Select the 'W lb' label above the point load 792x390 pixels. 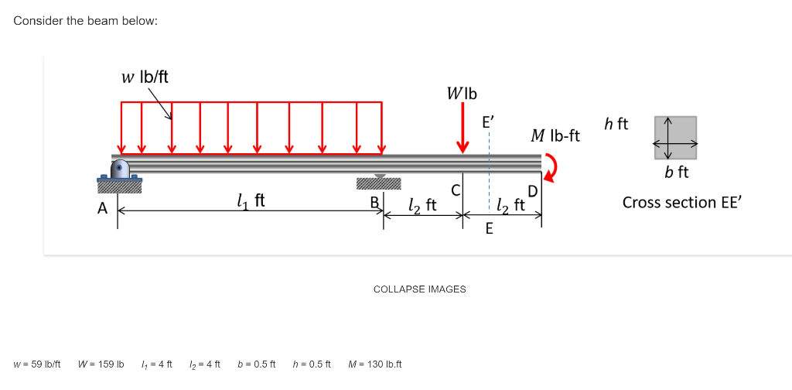(462, 94)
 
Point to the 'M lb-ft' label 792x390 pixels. (555, 136)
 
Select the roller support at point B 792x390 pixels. (379, 183)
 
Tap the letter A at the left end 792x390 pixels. (102, 207)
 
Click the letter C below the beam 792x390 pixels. (456, 190)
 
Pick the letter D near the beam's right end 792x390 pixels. (532, 191)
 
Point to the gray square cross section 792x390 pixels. (675, 136)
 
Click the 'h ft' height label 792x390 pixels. (616, 124)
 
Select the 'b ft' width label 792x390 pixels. (677, 172)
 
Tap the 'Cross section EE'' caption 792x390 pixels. (681, 202)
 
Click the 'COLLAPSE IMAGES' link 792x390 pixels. (419, 289)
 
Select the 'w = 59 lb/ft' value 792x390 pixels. (37, 364)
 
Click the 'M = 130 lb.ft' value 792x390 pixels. (375, 364)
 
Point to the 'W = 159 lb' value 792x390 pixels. (101, 364)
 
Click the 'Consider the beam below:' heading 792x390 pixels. (86, 20)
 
